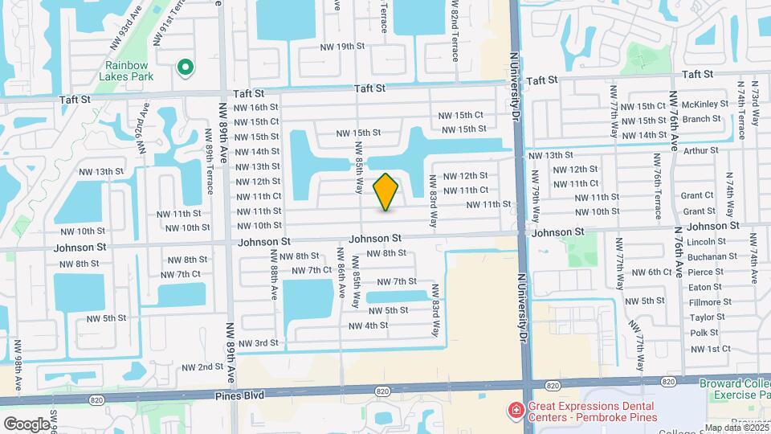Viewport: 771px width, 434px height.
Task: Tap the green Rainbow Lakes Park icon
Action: (x=186, y=68)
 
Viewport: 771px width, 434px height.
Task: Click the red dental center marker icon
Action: (x=514, y=411)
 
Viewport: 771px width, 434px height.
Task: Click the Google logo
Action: (x=27, y=424)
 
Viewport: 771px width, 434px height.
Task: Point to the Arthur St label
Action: (x=701, y=149)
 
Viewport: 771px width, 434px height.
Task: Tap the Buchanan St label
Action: (x=712, y=256)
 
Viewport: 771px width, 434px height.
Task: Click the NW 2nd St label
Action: (x=202, y=366)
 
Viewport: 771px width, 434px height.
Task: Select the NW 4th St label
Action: (x=369, y=325)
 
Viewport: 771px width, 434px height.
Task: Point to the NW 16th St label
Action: (x=256, y=107)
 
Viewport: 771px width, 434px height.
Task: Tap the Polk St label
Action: (x=704, y=333)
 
